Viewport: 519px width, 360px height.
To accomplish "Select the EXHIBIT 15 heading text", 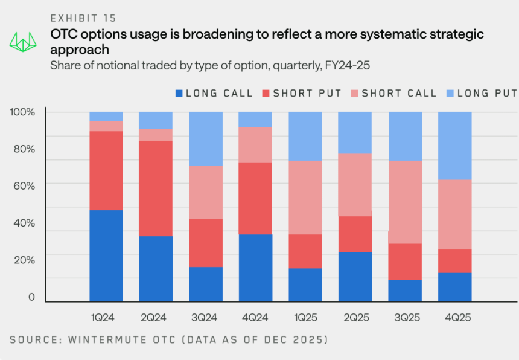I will pos(84,19).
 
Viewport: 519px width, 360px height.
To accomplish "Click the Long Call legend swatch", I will pos(179,93).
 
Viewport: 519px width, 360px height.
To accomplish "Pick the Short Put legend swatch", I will pos(266,93).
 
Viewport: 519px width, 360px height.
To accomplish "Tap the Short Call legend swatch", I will pos(355,93).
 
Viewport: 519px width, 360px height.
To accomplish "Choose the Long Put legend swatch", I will pos(450,93).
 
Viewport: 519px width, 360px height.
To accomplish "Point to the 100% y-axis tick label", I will pos(23,112).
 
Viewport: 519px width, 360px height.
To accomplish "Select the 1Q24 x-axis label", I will pos(107,317).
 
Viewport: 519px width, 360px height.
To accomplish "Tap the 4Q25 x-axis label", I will pos(454,317).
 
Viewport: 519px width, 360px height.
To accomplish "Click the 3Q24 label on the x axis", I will pos(206,317).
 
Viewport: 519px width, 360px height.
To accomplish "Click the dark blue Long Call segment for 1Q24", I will pos(107,256).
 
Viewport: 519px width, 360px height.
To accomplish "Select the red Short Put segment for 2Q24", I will pos(156,188).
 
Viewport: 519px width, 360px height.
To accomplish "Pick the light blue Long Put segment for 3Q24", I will pos(206,139).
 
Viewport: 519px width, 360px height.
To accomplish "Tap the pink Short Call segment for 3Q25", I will pos(405,202).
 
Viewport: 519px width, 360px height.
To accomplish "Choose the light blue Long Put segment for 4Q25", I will pos(454,146).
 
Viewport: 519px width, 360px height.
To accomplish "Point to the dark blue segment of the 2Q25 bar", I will pos(355,277).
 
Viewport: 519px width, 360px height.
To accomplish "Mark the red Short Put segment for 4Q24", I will pos(256,198).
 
